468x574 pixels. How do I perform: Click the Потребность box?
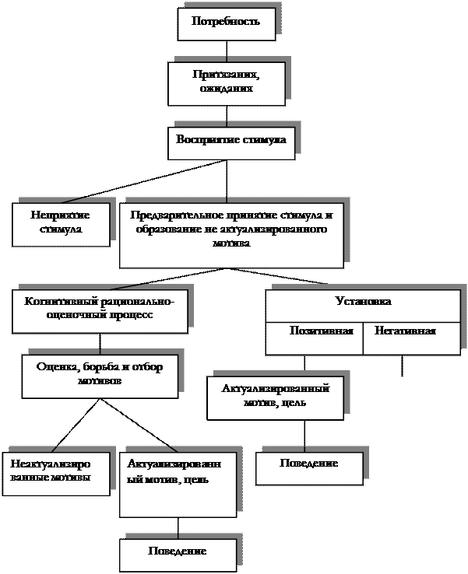(x=226, y=23)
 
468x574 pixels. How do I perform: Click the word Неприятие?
(x=61, y=215)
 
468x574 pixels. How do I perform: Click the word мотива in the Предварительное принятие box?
(x=231, y=243)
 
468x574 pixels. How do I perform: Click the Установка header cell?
(x=363, y=302)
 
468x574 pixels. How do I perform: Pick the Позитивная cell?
(x=315, y=331)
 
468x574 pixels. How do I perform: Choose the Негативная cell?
(x=405, y=331)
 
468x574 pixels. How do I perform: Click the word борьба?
(x=99, y=367)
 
